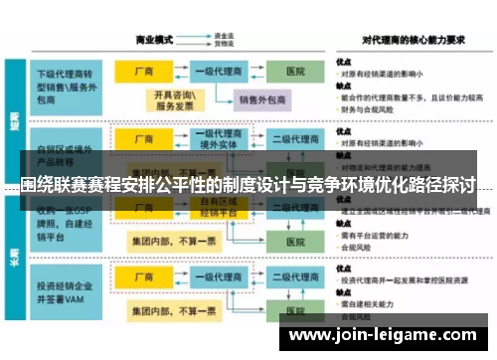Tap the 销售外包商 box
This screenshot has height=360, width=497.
260,98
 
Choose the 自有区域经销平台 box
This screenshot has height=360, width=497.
218,206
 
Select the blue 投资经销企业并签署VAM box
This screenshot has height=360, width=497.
68,290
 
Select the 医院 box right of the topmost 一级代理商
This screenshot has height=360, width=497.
295,73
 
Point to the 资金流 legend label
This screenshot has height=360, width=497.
224,37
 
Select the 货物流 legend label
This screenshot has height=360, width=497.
224,46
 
